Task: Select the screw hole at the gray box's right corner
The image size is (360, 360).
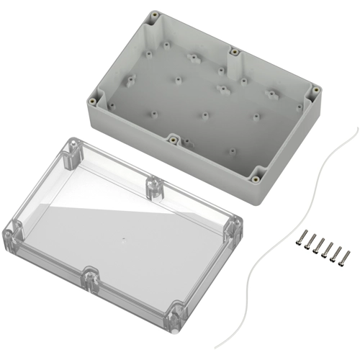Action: point(315,90)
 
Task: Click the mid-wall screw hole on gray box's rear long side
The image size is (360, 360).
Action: point(234,52)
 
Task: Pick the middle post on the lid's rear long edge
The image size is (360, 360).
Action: point(153,186)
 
